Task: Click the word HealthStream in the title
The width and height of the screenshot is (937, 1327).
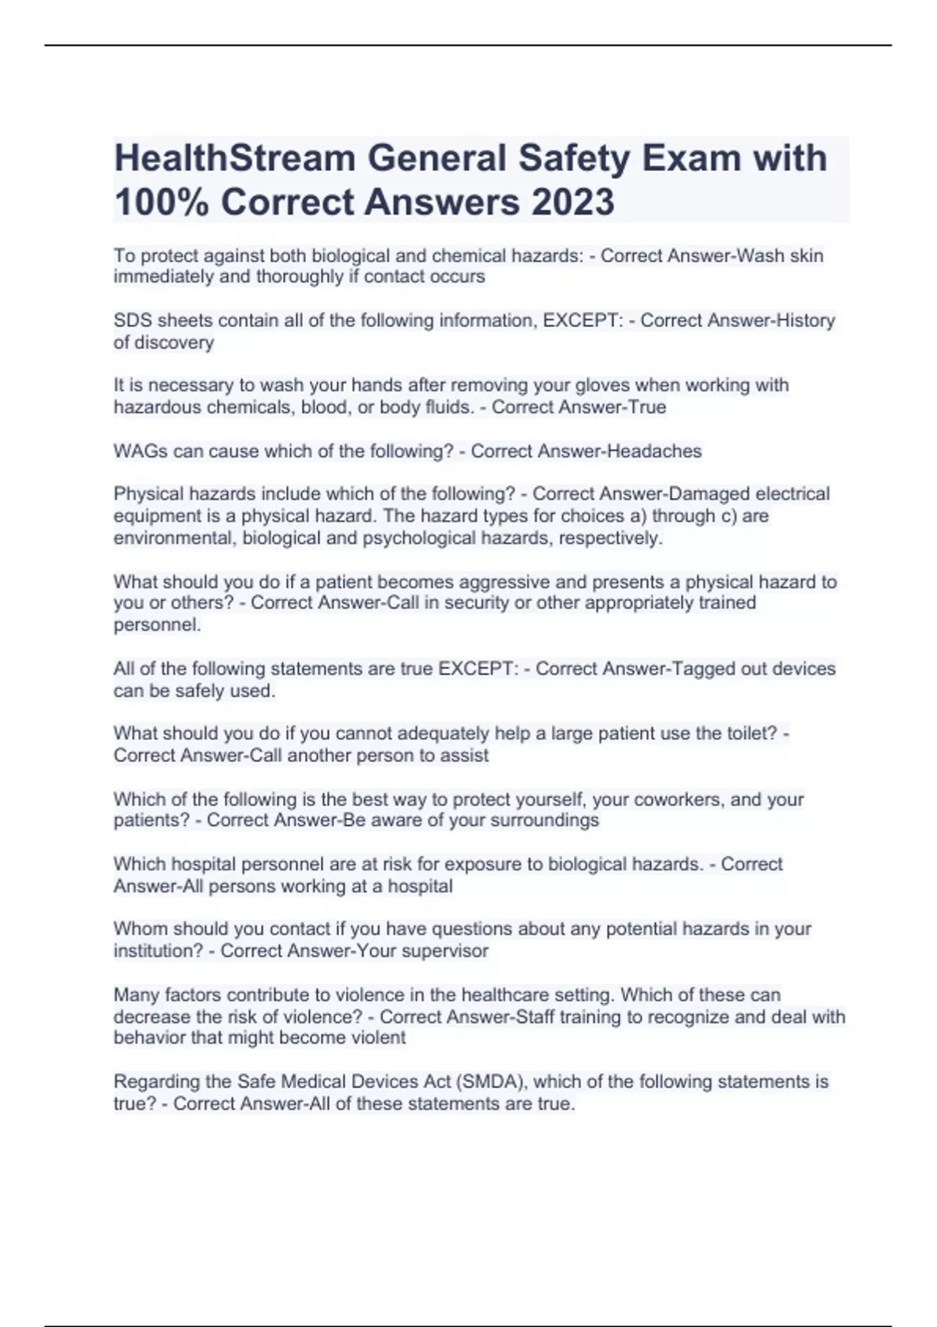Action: point(235,158)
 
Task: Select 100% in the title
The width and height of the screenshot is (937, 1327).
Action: point(162,202)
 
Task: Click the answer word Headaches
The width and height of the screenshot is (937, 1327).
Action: point(654,451)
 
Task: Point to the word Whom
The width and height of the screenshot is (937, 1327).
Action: point(140,929)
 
